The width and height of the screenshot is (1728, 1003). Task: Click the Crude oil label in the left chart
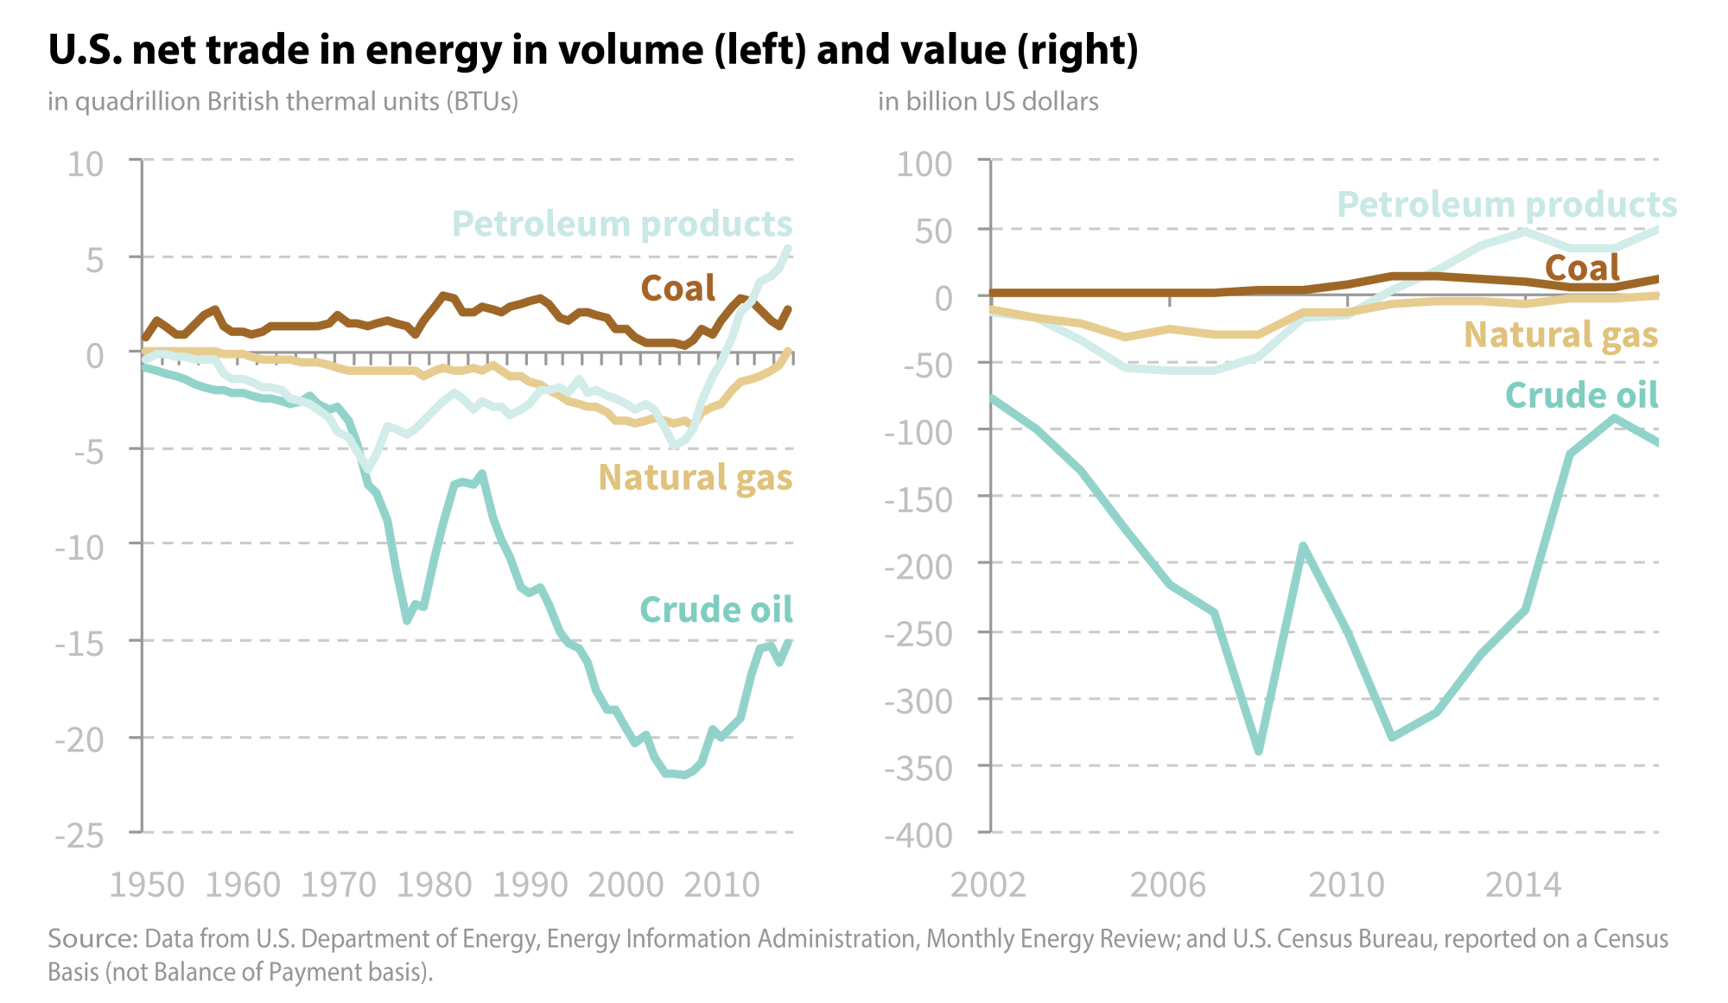(715, 610)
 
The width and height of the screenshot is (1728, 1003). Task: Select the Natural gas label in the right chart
(1560, 335)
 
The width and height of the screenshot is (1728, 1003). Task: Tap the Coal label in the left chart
(677, 289)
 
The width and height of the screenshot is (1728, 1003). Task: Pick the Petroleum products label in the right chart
(1506, 206)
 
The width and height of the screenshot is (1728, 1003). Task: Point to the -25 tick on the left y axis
(79, 835)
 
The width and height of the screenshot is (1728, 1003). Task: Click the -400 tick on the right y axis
(918, 835)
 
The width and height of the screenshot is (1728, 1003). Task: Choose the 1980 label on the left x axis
(435, 886)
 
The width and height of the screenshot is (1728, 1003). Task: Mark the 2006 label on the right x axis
(1168, 886)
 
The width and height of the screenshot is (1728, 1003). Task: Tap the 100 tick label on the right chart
(924, 164)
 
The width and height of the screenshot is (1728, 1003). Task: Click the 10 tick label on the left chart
(86, 164)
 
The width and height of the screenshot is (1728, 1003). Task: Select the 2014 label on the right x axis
(1523, 886)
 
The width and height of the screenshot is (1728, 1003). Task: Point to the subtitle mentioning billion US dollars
(988, 102)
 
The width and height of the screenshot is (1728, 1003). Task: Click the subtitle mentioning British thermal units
(283, 102)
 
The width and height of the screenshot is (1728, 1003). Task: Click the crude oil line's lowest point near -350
(1258, 751)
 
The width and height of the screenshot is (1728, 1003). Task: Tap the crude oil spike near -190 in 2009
(1303, 546)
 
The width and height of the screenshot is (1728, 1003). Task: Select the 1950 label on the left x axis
(147, 886)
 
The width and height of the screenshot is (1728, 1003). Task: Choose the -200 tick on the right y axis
(918, 568)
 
